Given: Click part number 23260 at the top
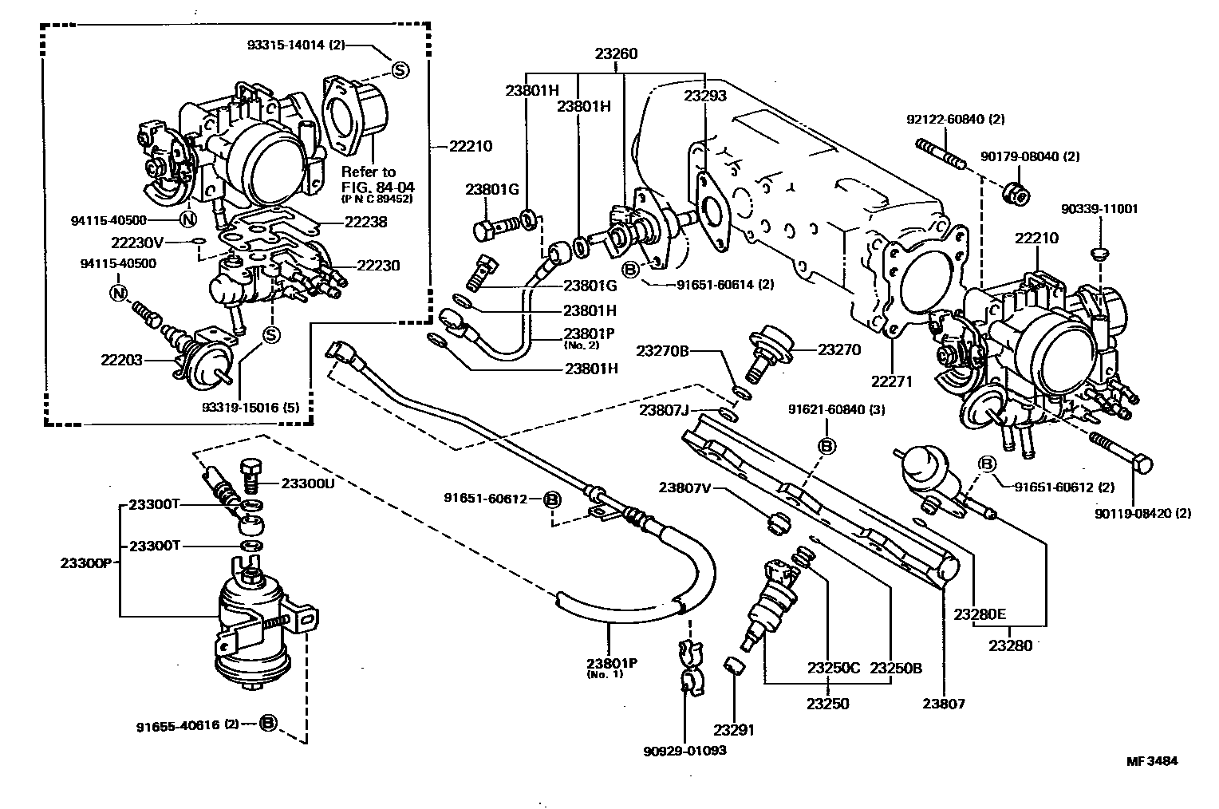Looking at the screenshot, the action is (x=616, y=53).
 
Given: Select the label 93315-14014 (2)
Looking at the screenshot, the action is (x=296, y=45).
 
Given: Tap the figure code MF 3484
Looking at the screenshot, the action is (x=1152, y=760).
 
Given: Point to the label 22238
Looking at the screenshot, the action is (x=365, y=222).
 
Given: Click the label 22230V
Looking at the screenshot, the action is (x=137, y=243).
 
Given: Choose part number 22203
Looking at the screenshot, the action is (x=121, y=360).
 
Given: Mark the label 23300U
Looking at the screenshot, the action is (x=307, y=483).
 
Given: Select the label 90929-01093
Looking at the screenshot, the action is (x=684, y=751).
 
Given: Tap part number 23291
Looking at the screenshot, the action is (x=734, y=729).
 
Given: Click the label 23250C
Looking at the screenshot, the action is (x=833, y=668).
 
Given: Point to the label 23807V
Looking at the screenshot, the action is (x=684, y=487).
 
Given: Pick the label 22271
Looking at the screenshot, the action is (x=891, y=381).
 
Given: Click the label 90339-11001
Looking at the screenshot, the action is (x=1099, y=208).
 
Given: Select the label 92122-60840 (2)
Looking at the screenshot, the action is (x=956, y=119).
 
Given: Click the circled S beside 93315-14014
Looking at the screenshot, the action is (x=400, y=69).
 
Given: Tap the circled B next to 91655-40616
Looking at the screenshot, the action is (x=268, y=723).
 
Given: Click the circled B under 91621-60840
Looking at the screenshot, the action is (x=826, y=446).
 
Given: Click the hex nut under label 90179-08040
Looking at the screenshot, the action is (x=1016, y=195).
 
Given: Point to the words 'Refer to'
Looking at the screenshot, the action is (x=369, y=172).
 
